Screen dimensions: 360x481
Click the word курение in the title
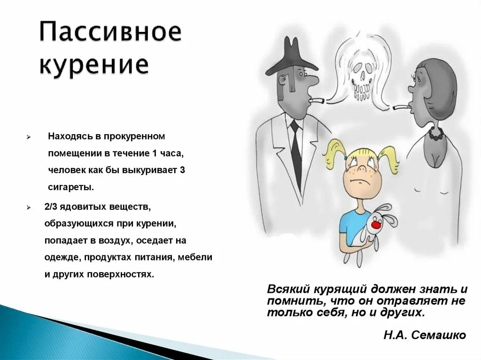93,66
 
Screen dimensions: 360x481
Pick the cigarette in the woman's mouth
400,107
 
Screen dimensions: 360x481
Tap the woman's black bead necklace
435,135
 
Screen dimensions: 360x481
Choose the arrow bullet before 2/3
28,207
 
